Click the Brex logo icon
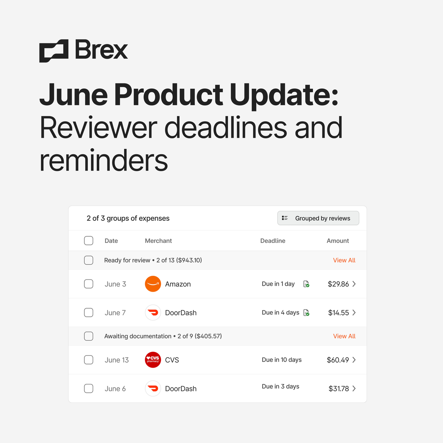(54, 51)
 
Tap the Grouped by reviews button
(318, 218)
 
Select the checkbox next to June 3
(89, 284)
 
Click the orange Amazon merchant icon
(153, 284)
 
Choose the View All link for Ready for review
(344, 260)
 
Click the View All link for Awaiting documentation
(344, 336)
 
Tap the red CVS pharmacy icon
(153, 360)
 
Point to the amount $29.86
(338, 284)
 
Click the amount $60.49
(338, 360)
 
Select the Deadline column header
(273, 241)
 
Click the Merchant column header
(158, 241)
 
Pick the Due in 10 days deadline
(282, 360)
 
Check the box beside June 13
(89, 360)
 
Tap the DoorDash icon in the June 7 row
(153, 313)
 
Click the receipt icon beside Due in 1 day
(306, 284)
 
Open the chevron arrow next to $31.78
(354, 388)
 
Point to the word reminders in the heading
(104, 161)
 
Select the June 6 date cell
(115, 389)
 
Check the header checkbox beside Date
(89, 241)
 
